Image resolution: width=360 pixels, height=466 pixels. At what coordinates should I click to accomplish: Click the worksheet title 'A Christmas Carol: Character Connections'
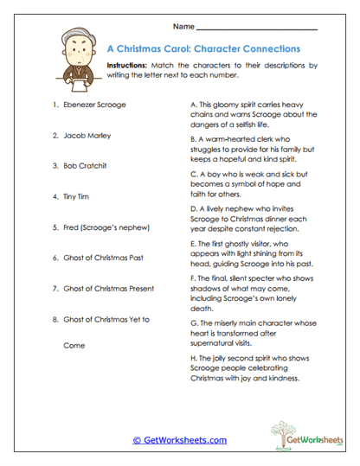point(202,48)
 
